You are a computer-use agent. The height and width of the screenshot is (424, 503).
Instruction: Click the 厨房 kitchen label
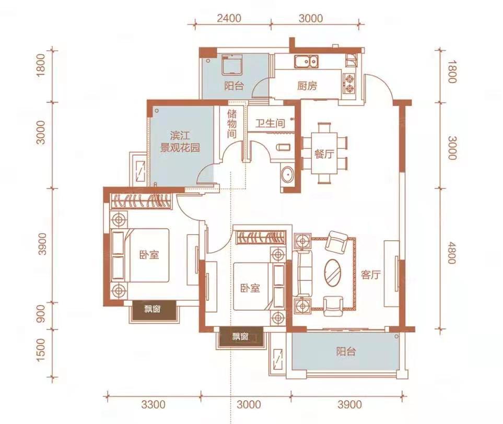(x=307, y=86)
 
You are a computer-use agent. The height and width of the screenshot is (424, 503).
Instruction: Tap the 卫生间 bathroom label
(x=270, y=123)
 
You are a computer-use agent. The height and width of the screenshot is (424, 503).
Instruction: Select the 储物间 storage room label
(x=231, y=124)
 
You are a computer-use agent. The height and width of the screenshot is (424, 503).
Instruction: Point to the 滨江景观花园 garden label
(x=180, y=142)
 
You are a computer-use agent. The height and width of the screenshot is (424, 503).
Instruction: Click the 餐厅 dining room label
(x=324, y=154)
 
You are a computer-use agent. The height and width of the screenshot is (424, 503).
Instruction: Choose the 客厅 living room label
(x=370, y=275)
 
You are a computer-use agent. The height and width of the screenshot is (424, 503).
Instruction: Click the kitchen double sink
(x=307, y=62)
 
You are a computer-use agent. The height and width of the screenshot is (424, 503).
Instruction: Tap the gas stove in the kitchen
(x=348, y=84)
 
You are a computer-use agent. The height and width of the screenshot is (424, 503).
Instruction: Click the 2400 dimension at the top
(x=229, y=18)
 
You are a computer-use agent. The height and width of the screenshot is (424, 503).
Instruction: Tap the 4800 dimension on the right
(x=451, y=253)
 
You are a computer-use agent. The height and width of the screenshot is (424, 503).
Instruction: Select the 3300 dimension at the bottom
(x=154, y=405)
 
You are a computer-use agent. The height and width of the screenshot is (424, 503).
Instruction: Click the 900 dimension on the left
(x=41, y=314)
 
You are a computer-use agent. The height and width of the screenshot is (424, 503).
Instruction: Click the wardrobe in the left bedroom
(x=140, y=201)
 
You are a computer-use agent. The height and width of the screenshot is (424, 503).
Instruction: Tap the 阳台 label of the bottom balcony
(x=346, y=351)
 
